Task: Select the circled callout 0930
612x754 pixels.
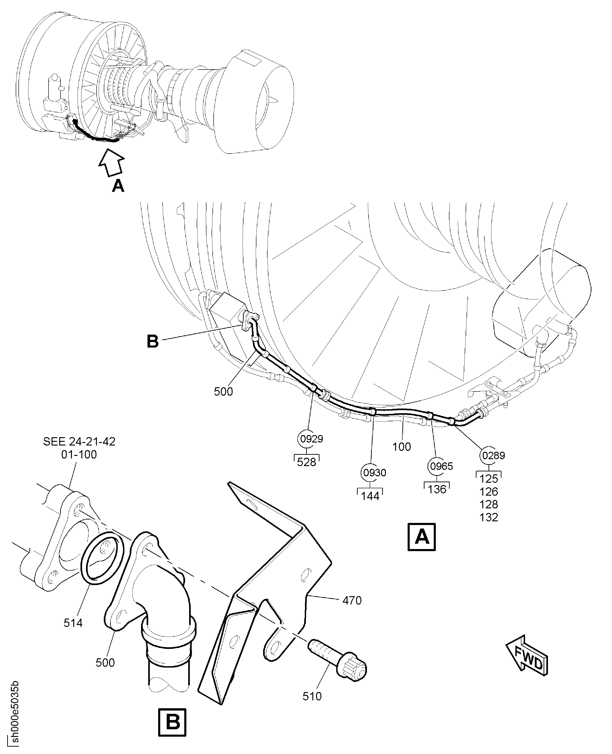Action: (374, 473)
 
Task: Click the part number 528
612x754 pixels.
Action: (306, 462)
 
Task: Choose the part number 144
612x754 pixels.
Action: (370, 496)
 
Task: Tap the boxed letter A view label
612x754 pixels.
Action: (422, 537)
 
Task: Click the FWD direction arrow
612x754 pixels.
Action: (527, 656)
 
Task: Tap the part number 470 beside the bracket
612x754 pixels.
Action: (352, 600)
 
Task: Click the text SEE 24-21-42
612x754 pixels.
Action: (79, 442)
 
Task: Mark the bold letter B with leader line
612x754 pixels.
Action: (153, 341)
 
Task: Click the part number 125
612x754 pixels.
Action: (489, 479)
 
